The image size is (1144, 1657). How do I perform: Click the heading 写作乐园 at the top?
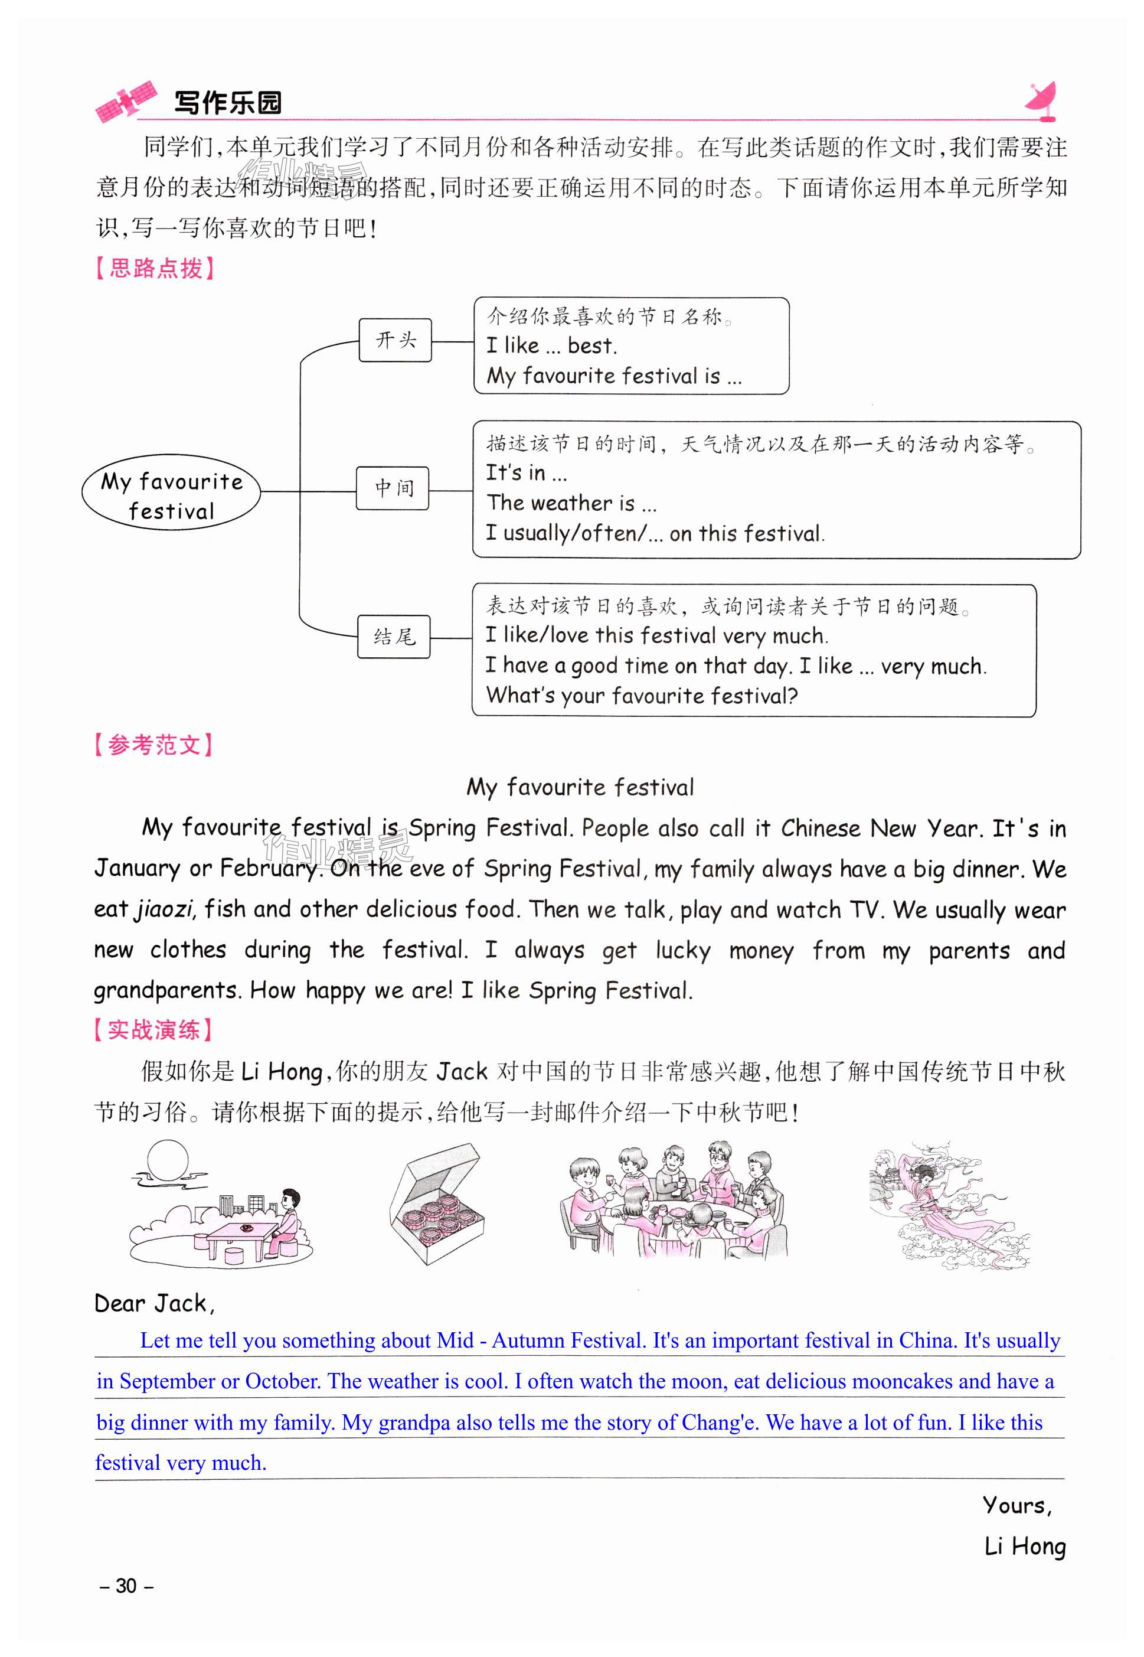(x=228, y=103)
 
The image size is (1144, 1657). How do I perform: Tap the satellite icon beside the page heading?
(x=126, y=100)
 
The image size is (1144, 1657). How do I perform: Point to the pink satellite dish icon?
(x=1041, y=100)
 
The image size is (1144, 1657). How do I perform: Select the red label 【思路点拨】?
(x=155, y=268)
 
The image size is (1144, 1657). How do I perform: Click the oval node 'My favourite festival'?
(x=171, y=492)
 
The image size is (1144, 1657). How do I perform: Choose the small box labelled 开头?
(x=395, y=340)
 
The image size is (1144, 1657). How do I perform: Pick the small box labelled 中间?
(x=393, y=488)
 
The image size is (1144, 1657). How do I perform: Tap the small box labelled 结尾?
(x=394, y=637)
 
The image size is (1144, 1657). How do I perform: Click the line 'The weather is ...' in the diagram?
(x=571, y=503)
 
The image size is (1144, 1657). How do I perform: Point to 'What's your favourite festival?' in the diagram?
(x=642, y=696)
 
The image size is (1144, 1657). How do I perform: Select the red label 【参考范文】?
(x=153, y=745)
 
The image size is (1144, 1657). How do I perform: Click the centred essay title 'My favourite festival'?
(x=580, y=787)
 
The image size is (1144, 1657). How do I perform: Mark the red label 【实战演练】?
(x=153, y=1030)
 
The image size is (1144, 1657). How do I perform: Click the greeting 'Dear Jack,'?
(x=154, y=1303)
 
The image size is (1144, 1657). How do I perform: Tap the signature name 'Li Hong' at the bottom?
(x=1024, y=1547)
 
